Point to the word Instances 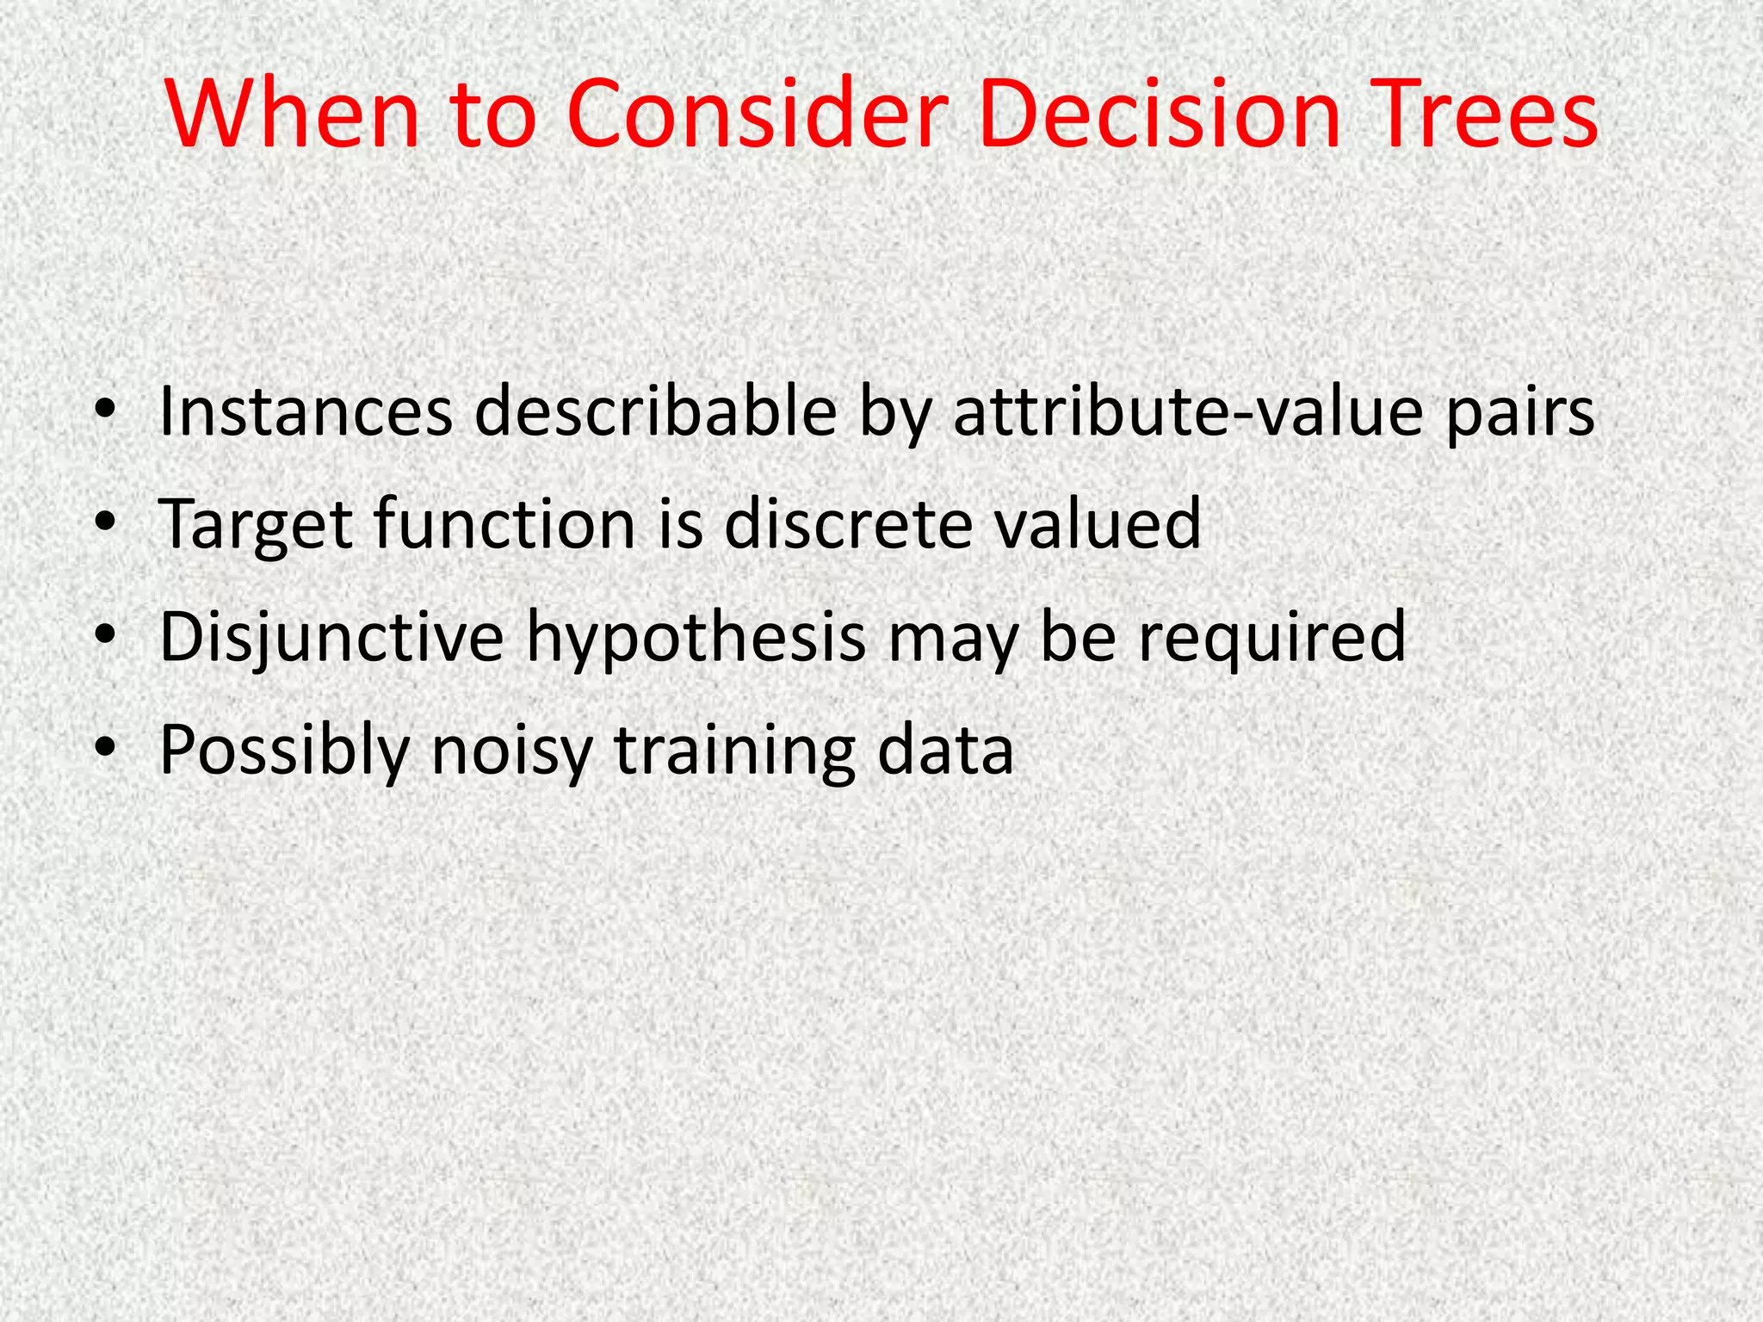[306, 411]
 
